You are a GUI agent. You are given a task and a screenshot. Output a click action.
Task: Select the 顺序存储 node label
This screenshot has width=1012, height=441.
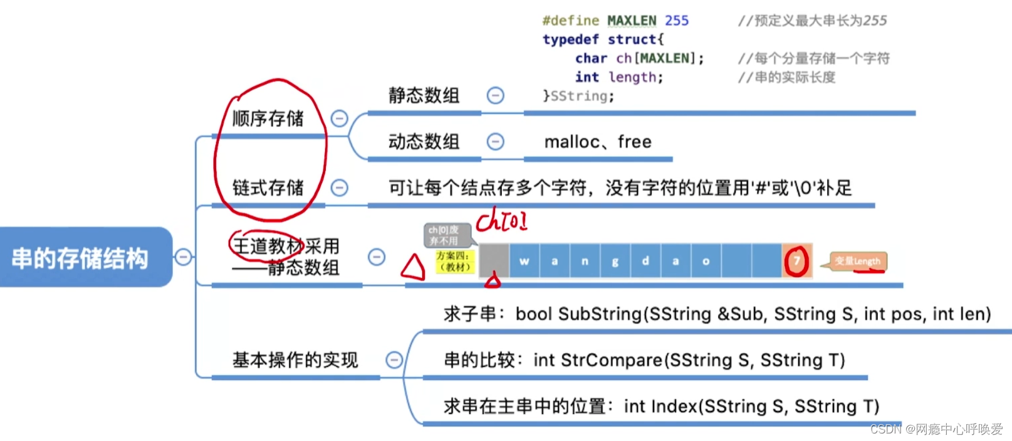click(268, 119)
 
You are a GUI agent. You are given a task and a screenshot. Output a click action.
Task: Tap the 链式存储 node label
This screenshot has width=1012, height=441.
click(268, 188)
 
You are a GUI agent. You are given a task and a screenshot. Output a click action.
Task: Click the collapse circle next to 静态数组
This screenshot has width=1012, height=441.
click(496, 95)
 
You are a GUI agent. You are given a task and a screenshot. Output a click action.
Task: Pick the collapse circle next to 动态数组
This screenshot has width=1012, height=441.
click(496, 142)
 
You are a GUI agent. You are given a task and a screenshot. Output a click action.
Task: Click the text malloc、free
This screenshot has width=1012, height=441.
click(598, 142)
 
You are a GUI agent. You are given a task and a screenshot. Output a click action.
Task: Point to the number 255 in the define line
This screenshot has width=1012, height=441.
click(677, 21)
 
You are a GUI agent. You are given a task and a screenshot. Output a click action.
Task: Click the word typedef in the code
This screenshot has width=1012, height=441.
click(570, 40)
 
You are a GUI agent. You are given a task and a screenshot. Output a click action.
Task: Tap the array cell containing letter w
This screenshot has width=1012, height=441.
click(524, 261)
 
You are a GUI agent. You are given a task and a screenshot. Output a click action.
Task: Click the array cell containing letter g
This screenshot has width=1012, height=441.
click(615, 261)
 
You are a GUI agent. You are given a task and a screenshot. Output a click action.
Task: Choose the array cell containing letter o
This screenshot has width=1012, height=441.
click(706, 261)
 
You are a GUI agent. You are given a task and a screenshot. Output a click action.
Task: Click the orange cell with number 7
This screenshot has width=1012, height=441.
click(797, 261)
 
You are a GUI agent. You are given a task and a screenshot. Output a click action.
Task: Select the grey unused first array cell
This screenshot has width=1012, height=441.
click(494, 260)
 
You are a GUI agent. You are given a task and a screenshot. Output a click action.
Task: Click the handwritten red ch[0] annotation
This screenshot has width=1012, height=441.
click(501, 221)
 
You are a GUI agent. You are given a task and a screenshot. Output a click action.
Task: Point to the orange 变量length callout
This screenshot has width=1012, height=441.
click(858, 261)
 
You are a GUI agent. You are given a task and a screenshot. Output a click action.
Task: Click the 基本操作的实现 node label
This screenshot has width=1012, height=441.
click(295, 360)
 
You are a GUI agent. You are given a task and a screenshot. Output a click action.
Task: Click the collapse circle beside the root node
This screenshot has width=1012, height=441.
click(183, 257)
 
